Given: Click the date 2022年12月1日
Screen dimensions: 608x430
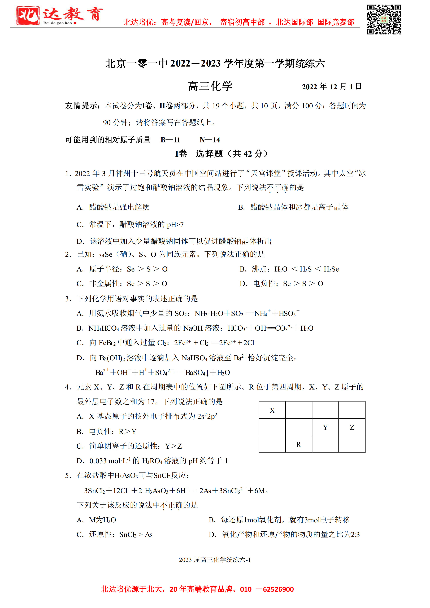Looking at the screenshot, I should tap(332, 87).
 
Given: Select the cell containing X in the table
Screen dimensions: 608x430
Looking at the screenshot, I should tap(272, 410).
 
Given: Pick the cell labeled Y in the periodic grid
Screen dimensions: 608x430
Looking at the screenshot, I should tap(325, 427).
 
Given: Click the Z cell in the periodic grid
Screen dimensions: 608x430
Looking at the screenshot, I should tap(352, 427).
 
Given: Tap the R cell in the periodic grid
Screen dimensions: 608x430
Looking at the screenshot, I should tap(299, 445).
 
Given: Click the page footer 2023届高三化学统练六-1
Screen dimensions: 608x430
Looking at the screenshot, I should tap(215, 559).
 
